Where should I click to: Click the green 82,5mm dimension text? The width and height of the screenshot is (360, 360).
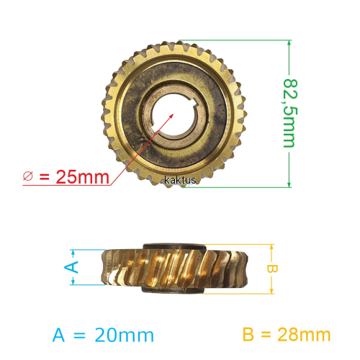[x=290, y=113]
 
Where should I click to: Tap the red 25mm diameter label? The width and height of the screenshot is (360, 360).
[x=83, y=177]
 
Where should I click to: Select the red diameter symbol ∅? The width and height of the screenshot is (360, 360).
[x=28, y=176]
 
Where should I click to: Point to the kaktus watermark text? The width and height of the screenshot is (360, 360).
[x=180, y=180]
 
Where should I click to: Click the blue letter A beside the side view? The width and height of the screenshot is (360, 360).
[x=71, y=267]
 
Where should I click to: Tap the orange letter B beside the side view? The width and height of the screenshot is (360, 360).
[x=272, y=269]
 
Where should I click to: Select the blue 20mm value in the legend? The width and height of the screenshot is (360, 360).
[x=124, y=335]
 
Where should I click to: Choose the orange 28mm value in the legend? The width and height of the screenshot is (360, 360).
[x=304, y=335]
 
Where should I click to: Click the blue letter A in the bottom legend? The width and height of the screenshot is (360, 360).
[x=58, y=335]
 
